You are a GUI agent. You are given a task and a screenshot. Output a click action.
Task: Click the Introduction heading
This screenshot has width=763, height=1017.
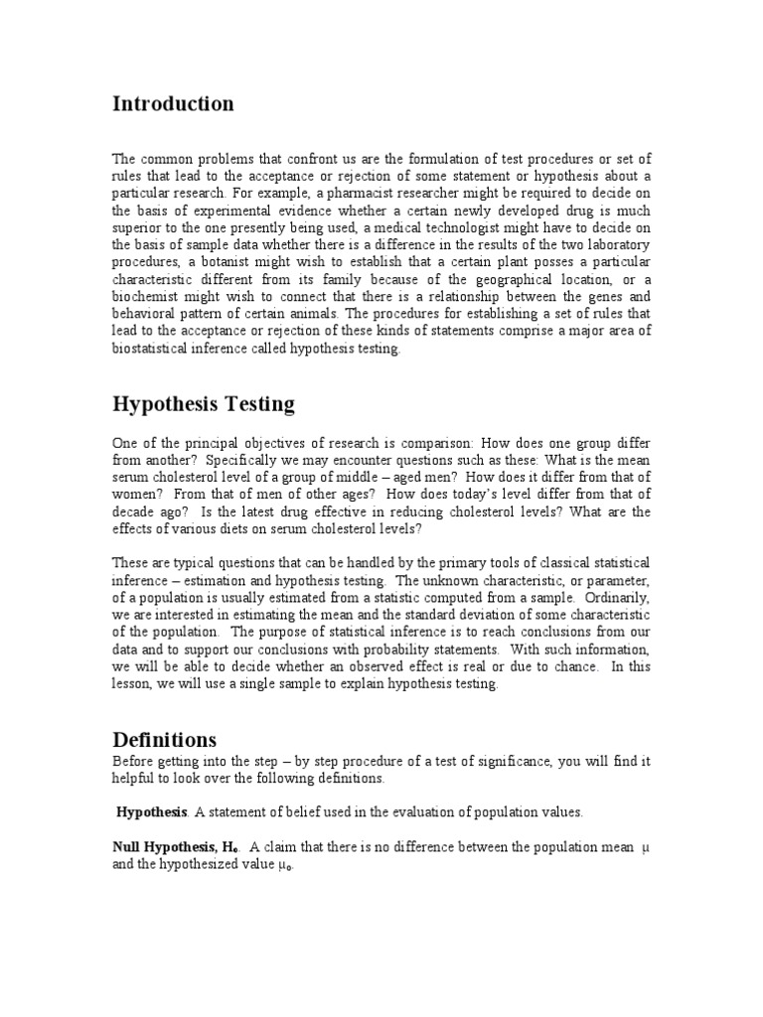pos(173,103)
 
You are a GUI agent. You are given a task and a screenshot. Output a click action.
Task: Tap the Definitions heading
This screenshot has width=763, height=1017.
pos(164,740)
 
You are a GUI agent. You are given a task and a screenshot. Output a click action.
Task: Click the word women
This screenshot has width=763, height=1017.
pos(135,495)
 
